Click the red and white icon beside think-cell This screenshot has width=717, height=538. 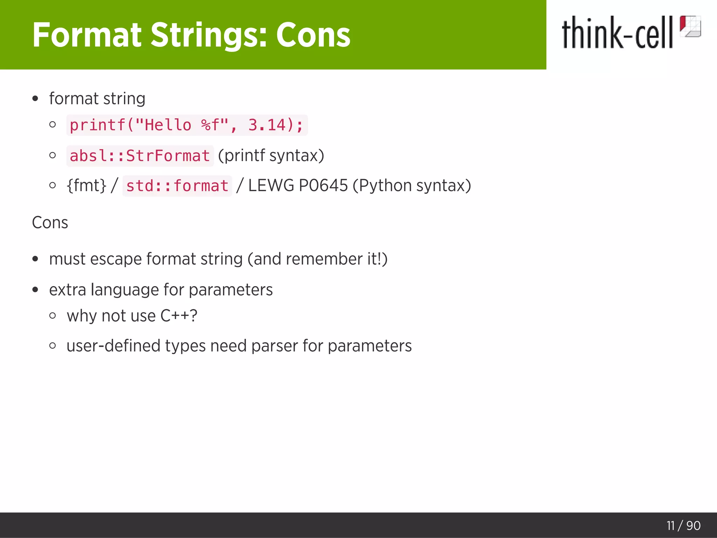pos(690,27)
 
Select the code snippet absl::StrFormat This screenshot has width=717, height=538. pos(140,156)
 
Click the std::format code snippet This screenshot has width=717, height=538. pos(177,186)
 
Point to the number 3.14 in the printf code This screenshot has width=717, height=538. pos(267,125)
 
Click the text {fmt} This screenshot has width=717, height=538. pos(86,185)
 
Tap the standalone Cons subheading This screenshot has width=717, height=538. pos(50,222)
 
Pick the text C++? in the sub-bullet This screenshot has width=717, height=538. pos(179,316)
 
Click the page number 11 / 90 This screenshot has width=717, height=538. pos(683,525)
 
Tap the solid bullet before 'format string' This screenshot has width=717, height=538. pos(35,99)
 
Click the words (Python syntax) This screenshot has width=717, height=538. pos(412,185)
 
